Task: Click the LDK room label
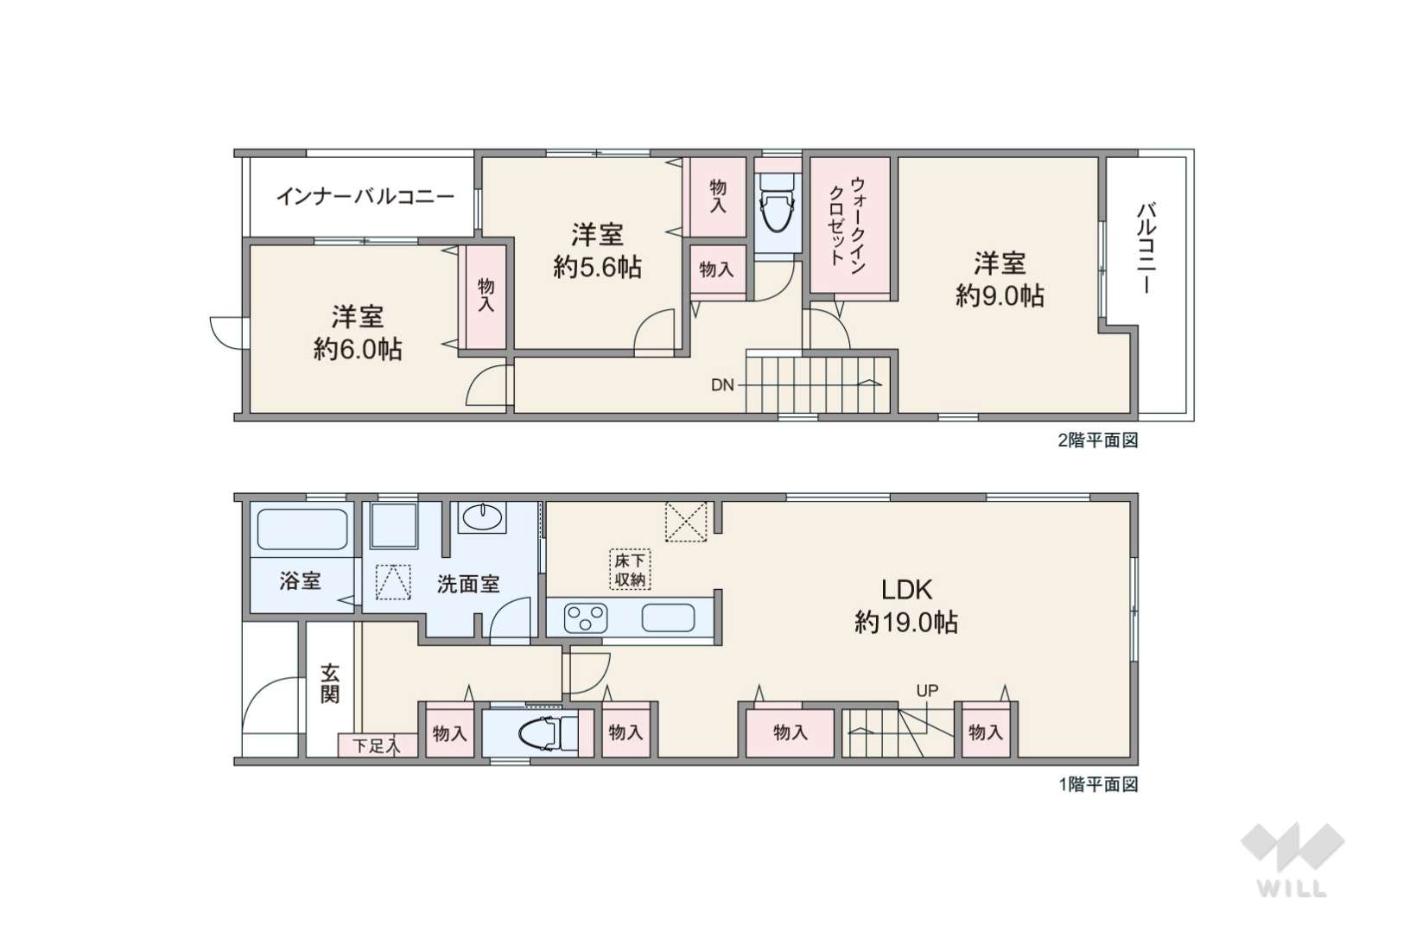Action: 906,590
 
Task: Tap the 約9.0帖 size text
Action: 1000,296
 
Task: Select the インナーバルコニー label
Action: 365,197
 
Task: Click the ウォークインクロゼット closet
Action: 849,225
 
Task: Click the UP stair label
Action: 927,690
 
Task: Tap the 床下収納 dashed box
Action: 630,570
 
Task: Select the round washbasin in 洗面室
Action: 481,518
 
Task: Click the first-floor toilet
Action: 543,733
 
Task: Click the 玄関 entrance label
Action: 329,682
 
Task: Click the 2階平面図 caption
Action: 1098,440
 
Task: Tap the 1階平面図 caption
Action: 1098,784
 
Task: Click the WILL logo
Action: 1292,858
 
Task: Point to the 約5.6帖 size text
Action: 597,267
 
